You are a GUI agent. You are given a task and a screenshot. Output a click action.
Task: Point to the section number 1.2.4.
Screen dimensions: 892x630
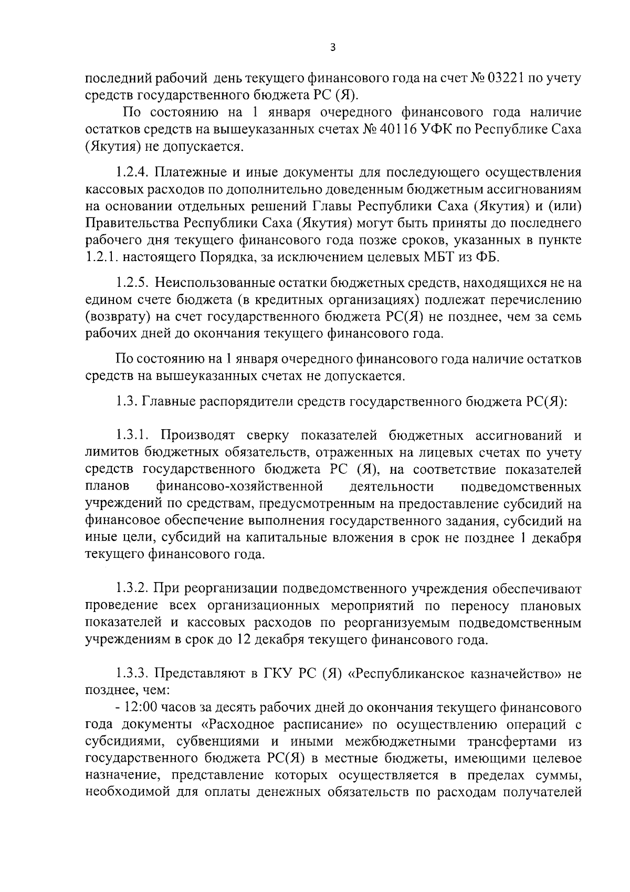133,172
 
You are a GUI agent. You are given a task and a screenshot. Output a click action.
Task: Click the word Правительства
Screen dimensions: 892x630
131,223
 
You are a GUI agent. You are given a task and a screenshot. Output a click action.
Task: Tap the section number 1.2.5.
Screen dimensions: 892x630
133,283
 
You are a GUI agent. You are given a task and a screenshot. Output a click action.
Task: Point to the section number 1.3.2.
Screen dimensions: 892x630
133,589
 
